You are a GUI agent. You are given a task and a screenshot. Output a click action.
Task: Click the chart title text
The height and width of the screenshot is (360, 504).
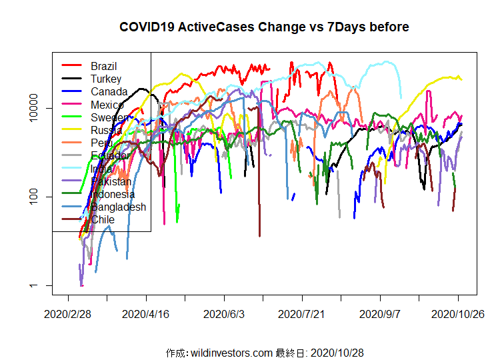point(264,27)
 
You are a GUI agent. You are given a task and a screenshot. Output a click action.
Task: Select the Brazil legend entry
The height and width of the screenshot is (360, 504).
point(103,66)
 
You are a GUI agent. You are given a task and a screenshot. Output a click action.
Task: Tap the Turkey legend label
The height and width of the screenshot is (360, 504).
point(106,79)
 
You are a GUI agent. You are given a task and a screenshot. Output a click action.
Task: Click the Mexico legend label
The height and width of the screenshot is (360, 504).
point(107,105)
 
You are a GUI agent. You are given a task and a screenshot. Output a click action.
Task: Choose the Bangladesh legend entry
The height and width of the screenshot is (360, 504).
point(118,207)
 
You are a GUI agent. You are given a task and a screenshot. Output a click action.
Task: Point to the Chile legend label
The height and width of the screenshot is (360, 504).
point(103,219)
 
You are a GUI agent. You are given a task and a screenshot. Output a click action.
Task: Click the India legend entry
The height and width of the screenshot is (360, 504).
point(101,168)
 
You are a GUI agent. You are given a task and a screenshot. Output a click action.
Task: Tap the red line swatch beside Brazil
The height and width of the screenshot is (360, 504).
point(71,66)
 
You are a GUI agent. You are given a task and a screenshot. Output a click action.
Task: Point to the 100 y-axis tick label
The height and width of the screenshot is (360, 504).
point(41,197)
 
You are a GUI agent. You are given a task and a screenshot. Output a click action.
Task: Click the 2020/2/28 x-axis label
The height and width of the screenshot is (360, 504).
point(68,313)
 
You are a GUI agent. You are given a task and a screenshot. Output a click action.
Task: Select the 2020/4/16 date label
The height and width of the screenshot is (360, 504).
point(147,313)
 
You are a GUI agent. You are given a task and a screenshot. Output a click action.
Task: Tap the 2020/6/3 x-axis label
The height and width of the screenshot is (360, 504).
point(225,313)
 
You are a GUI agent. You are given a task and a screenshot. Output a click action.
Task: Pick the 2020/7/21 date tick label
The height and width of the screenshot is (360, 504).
point(302,313)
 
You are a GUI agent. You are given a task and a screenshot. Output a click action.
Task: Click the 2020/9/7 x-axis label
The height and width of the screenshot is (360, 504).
point(380,313)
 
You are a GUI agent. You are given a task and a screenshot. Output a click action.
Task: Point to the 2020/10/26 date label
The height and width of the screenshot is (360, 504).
point(458,313)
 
